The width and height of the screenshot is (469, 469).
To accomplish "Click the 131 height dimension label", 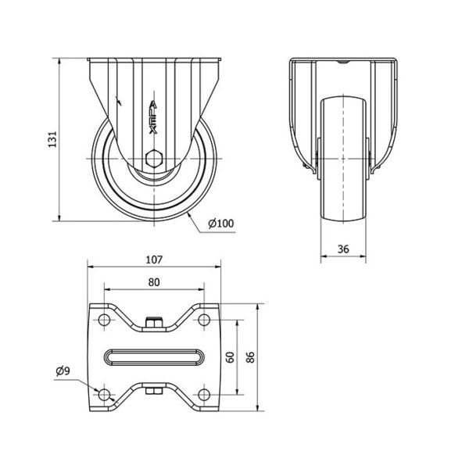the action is point(52,139).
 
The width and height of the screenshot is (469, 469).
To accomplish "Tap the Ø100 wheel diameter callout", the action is point(221,224).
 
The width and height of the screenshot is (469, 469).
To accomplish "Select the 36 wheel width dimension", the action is point(343,249).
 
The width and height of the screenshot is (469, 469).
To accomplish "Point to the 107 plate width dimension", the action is point(154,260).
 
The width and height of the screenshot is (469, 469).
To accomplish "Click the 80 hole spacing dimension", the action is point(154,282).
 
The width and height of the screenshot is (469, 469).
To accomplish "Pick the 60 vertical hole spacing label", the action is point(231,357).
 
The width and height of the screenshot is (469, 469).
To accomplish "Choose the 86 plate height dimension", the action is point(250,357).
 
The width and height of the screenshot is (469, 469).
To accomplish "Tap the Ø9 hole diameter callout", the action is point(63,371).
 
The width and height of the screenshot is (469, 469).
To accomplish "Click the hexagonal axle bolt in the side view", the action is point(154,158).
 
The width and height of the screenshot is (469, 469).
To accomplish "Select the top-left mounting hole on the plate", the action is point(104,320).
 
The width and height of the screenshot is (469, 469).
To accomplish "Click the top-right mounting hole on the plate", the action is point(204,320).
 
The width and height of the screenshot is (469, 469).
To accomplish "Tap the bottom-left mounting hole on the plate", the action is point(104,395).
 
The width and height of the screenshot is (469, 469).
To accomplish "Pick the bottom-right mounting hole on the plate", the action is point(204,395).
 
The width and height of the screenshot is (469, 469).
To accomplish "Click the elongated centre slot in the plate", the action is point(154,357).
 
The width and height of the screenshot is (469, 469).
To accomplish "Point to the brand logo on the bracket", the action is point(153,117).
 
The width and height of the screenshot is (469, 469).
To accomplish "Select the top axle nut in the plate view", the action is point(154,323).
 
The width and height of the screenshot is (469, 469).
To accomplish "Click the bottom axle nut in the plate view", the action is point(154,391).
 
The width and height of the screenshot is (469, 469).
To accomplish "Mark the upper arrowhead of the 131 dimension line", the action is point(60,62).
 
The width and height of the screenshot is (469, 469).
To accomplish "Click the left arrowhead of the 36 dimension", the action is point(324,256).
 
